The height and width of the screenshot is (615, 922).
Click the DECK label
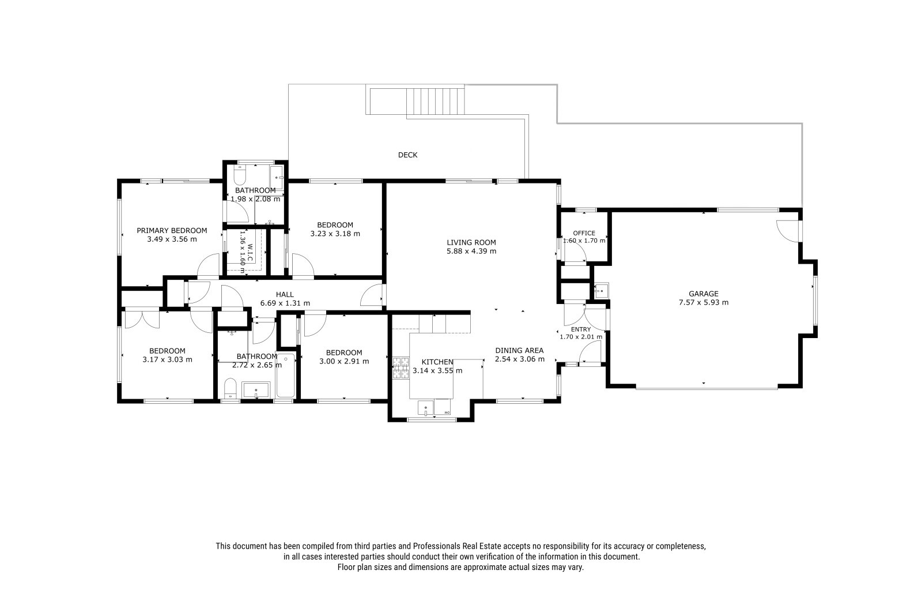click(x=407, y=155)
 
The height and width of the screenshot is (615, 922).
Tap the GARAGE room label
click(x=704, y=294)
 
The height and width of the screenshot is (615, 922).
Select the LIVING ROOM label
click(x=471, y=242)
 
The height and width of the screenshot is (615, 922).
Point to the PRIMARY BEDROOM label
click(x=172, y=230)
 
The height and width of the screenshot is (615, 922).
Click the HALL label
click(x=285, y=294)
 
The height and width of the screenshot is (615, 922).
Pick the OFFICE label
click(x=584, y=233)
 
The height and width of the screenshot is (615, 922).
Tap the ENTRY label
click(x=581, y=329)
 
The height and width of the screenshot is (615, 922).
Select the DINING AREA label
click(x=519, y=350)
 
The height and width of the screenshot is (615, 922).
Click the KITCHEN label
click(x=437, y=362)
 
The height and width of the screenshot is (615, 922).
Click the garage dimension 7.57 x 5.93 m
click(x=704, y=302)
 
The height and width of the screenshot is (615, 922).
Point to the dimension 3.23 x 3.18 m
click(x=335, y=234)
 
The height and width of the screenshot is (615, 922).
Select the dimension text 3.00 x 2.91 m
click(x=344, y=362)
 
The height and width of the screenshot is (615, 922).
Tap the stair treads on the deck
click(x=436, y=100)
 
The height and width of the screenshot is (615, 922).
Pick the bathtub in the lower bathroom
click(x=286, y=375)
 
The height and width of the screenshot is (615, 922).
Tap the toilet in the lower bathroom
click(x=231, y=389)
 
